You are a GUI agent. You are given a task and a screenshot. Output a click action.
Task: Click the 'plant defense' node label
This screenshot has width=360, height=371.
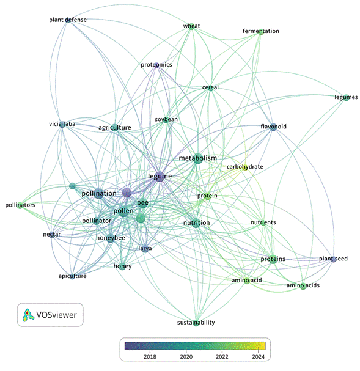pyautogui.click(x=68, y=20)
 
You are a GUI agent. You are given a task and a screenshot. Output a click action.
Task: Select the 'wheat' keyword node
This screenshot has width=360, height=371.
pyautogui.click(x=191, y=26)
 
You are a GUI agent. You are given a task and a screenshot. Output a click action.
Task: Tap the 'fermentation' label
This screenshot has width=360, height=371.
pyautogui.click(x=261, y=31)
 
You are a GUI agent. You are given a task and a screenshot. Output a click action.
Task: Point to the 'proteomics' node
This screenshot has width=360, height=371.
pyautogui.click(x=156, y=65)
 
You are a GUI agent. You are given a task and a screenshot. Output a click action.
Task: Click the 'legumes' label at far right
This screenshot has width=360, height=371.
pyautogui.click(x=346, y=97)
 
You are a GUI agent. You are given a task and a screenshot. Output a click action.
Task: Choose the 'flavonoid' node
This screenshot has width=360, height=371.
pyautogui.click(x=273, y=127)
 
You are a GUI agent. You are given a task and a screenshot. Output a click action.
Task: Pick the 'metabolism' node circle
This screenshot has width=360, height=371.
pyautogui.click(x=198, y=158)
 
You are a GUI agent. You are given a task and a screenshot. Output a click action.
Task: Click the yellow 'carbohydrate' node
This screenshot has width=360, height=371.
pyautogui.click(x=245, y=167)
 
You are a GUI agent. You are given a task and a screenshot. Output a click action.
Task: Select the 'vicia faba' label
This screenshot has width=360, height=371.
pyautogui.click(x=62, y=124)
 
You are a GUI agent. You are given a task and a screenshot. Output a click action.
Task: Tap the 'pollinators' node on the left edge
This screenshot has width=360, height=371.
pyautogui.click(x=20, y=205)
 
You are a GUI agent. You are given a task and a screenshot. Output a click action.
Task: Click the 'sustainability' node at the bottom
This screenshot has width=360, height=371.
pyautogui.click(x=196, y=323)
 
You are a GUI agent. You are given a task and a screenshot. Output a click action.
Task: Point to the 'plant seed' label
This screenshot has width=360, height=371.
pyautogui.click(x=333, y=259)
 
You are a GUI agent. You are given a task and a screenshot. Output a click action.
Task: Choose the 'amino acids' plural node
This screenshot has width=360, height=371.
pyautogui.click(x=303, y=286)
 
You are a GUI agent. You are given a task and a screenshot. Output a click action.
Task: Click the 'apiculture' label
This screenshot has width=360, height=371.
pyautogui.click(x=72, y=276)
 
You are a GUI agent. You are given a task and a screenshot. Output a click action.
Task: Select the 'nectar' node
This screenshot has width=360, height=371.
pyautogui.click(x=52, y=235)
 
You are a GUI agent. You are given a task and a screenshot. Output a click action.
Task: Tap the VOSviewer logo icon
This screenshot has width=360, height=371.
pyautogui.click(x=28, y=315)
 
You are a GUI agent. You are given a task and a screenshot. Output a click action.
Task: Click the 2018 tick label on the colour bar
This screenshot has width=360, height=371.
pyautogui.click(x=150, y=357)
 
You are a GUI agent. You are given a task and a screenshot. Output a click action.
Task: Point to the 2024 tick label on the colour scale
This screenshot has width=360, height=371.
pyautogui.click(x=259, y=357)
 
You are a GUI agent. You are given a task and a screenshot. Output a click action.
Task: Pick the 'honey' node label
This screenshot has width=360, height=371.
pyautogui.click(x=122, y=266)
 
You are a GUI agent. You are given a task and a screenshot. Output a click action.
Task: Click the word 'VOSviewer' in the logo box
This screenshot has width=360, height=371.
pyautogui.click(x=56, y=315)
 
